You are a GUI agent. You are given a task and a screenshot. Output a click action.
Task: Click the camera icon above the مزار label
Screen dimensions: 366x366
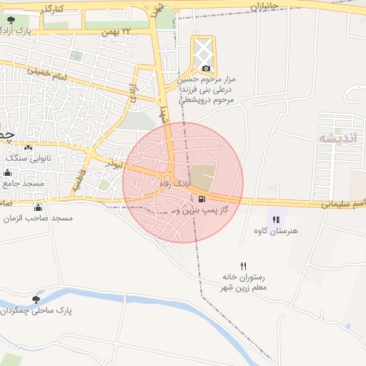coord(206,68)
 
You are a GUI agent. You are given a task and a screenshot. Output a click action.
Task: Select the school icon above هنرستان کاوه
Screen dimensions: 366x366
coord(275,219)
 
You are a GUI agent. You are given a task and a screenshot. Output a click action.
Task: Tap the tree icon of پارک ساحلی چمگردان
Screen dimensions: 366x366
coord(36,300)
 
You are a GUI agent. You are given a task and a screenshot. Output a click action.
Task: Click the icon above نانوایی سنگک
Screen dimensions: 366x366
coord(28,147)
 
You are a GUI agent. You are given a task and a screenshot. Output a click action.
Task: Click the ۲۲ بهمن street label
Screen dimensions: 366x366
coord(118,32)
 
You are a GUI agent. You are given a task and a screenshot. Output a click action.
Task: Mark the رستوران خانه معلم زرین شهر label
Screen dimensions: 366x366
coord(244,282)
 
